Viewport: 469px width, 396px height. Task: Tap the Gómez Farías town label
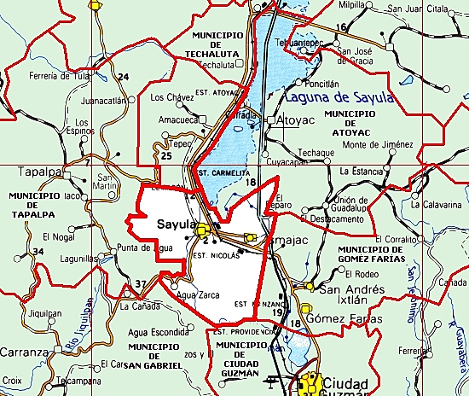(x=345, y=318)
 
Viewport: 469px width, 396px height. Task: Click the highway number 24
(x=124, y=78)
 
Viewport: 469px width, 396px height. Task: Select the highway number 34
(x=37, y=251)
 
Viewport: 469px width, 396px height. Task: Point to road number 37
(x=141, y=284)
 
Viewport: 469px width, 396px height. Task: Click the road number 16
(x=341, y=28)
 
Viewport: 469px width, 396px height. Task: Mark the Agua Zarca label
(x=199, y=295)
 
